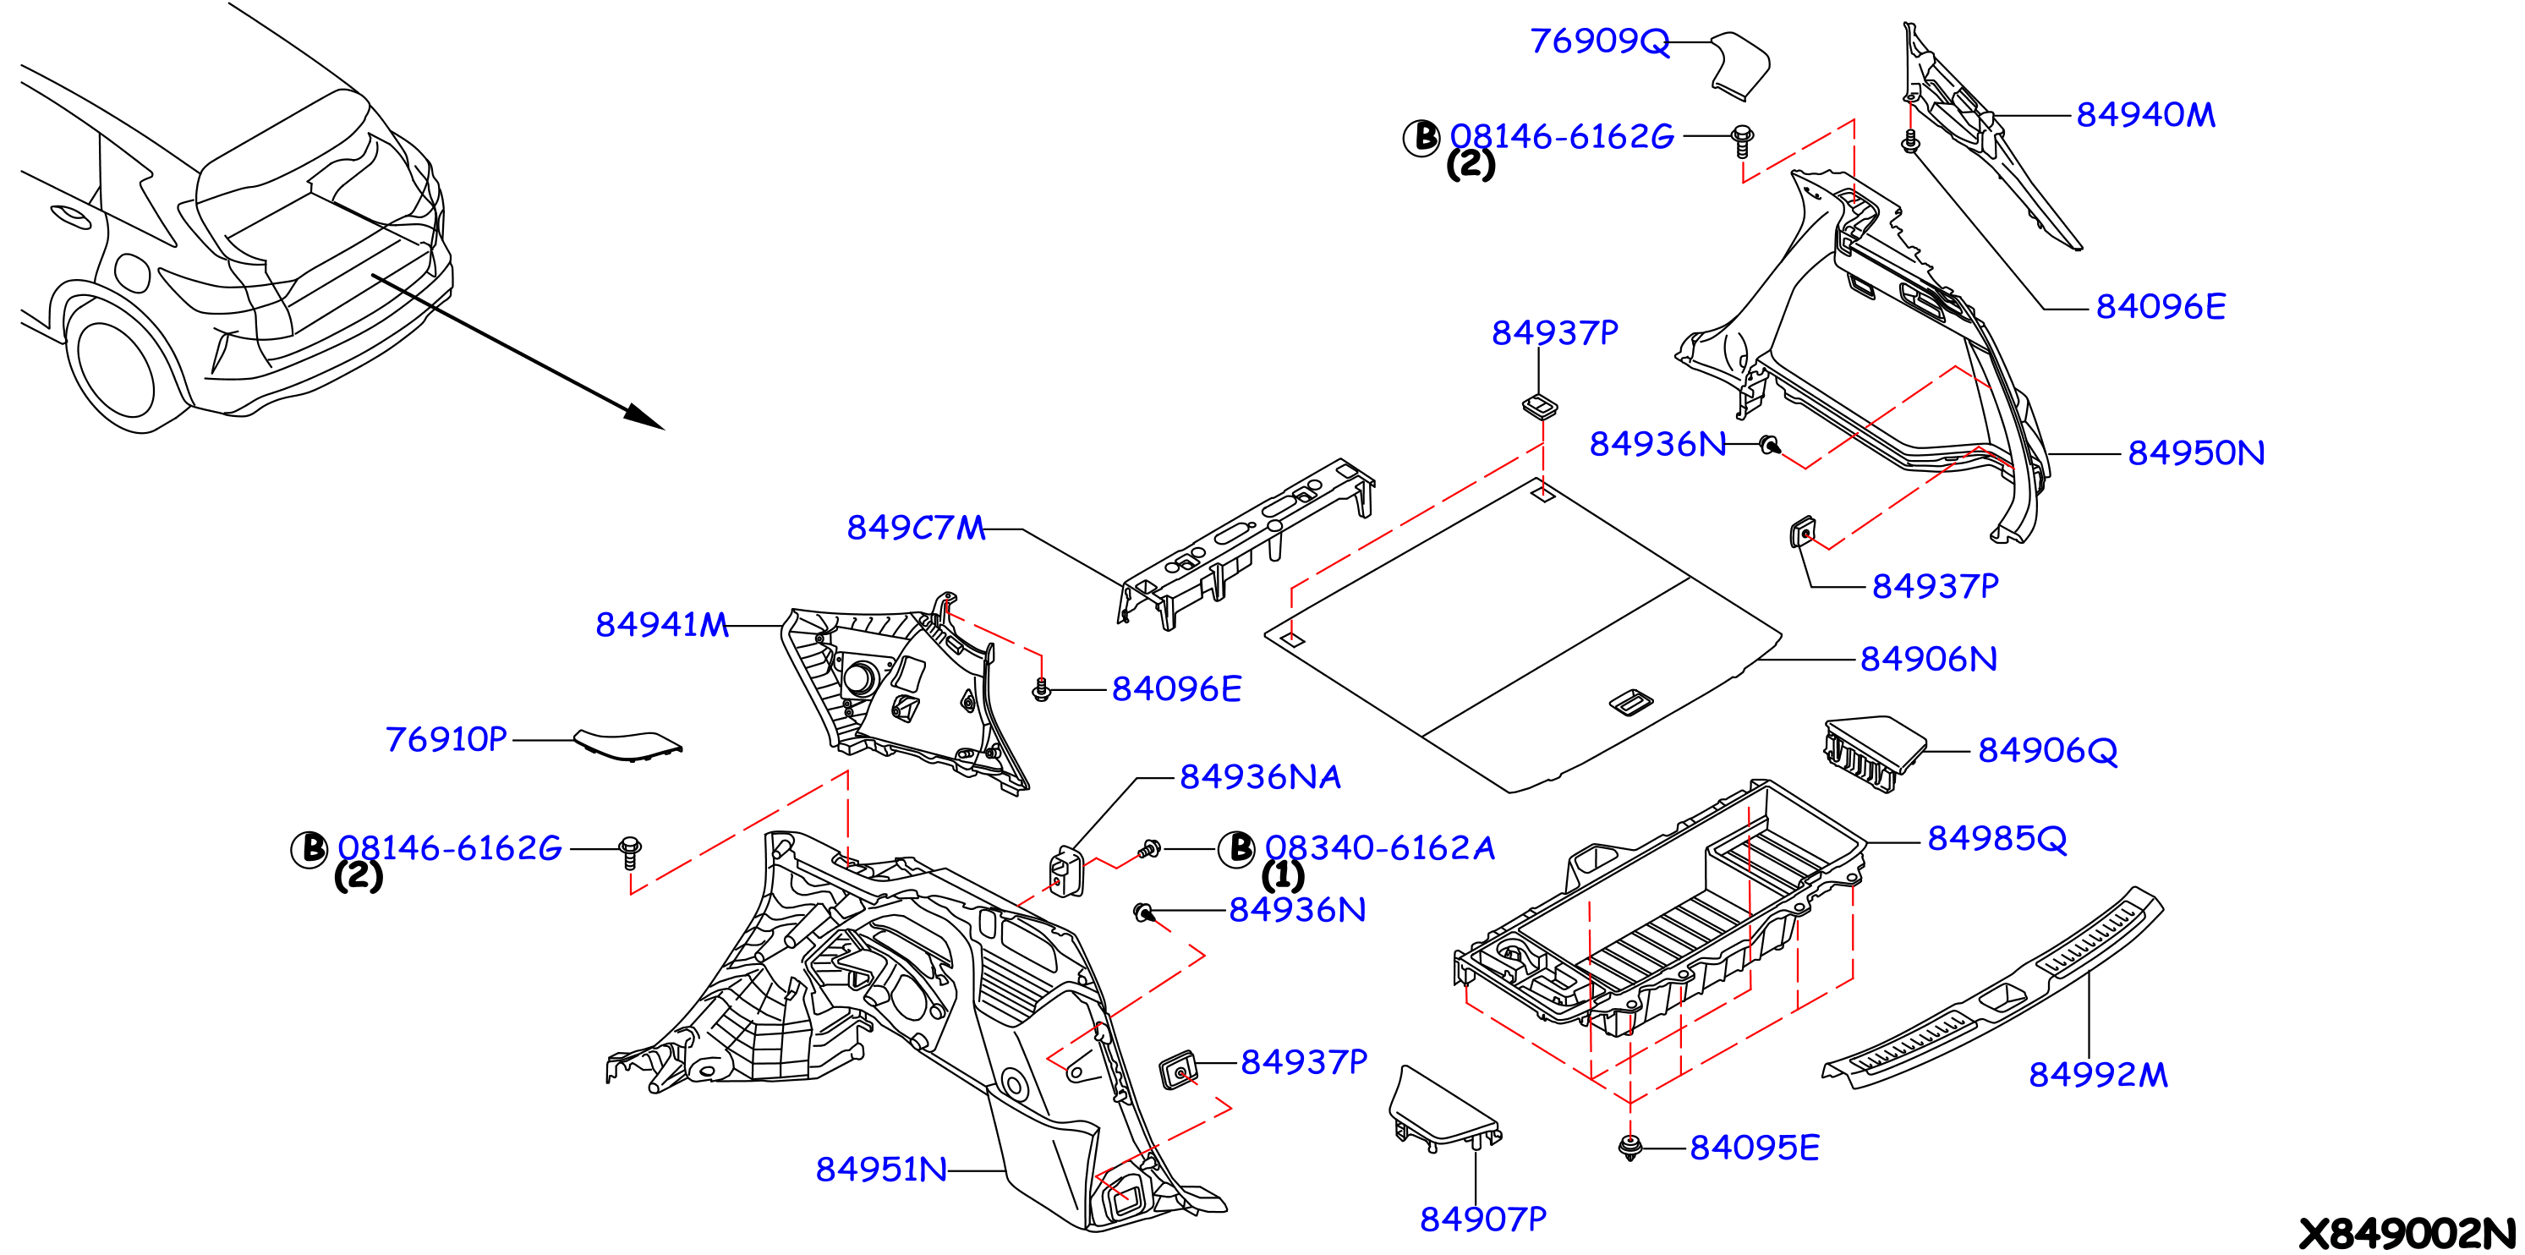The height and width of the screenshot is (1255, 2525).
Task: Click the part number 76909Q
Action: point(1599,41)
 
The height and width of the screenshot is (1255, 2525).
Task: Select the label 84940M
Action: point(2145,115)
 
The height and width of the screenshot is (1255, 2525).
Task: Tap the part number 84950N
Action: point(2196,453)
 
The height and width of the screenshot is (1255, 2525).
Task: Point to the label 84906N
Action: point(1928,659)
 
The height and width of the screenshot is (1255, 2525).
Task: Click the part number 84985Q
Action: point(1996,839)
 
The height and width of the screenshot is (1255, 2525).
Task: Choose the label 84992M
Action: point(2098,1076)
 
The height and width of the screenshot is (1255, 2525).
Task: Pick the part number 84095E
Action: point(1755,1148)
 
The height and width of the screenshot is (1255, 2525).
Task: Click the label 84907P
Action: point(1483,1219)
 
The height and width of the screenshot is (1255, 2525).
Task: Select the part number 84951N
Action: point(881,1170)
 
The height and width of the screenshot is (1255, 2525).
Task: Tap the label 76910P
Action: point(446,739)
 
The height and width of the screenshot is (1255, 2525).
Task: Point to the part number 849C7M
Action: point(916,529)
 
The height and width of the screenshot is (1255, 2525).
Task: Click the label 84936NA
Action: point(1260,777)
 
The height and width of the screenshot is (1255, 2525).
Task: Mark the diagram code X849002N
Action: point(2407,1233)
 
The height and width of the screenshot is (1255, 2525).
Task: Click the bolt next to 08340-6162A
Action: point(1150,849)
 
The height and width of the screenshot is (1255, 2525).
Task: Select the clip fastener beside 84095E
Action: point(1629,1147)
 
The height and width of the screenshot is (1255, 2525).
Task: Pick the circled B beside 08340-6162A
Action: point(1237,848)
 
